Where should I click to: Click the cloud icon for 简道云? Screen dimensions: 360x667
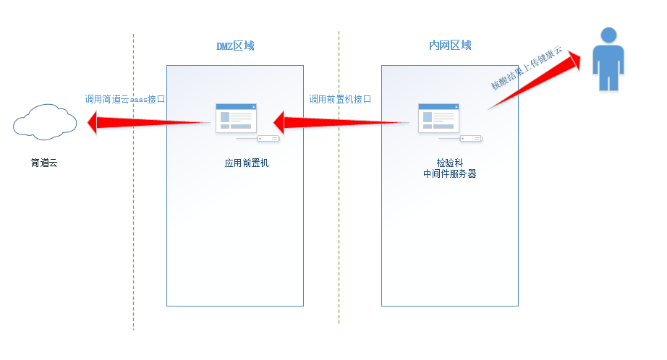(46, 121)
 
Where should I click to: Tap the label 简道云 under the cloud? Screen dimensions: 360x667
(44, 163)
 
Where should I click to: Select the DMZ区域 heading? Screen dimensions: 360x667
(235, 46)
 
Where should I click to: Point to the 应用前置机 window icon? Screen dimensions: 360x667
(236, 118)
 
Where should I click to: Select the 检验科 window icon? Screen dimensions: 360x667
(438, 118)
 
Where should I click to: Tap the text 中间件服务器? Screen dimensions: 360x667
(449, 174)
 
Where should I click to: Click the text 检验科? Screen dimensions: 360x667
(449, 163)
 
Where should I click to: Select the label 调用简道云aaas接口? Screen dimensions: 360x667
(125, 100)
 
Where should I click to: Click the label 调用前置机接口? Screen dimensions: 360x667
(340, 100)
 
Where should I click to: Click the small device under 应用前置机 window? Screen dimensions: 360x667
(268, 138)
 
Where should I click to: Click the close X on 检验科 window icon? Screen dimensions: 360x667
(456, 107)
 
